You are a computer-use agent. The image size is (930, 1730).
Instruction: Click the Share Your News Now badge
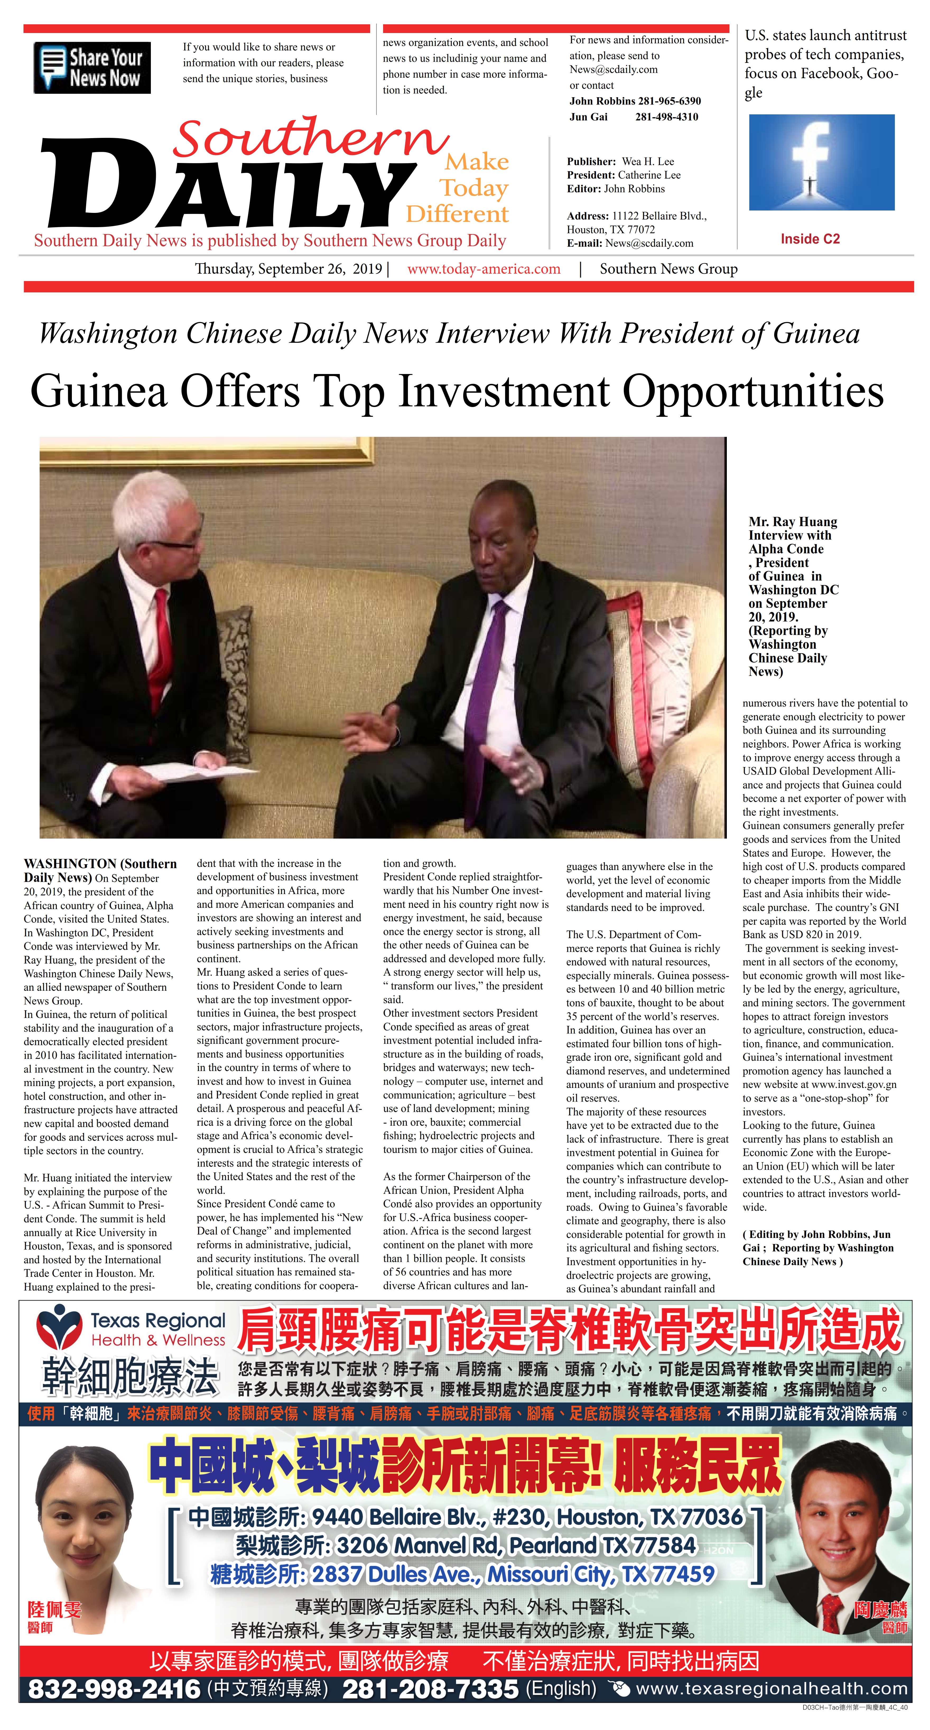92,68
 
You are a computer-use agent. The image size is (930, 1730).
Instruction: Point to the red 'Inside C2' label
810,239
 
